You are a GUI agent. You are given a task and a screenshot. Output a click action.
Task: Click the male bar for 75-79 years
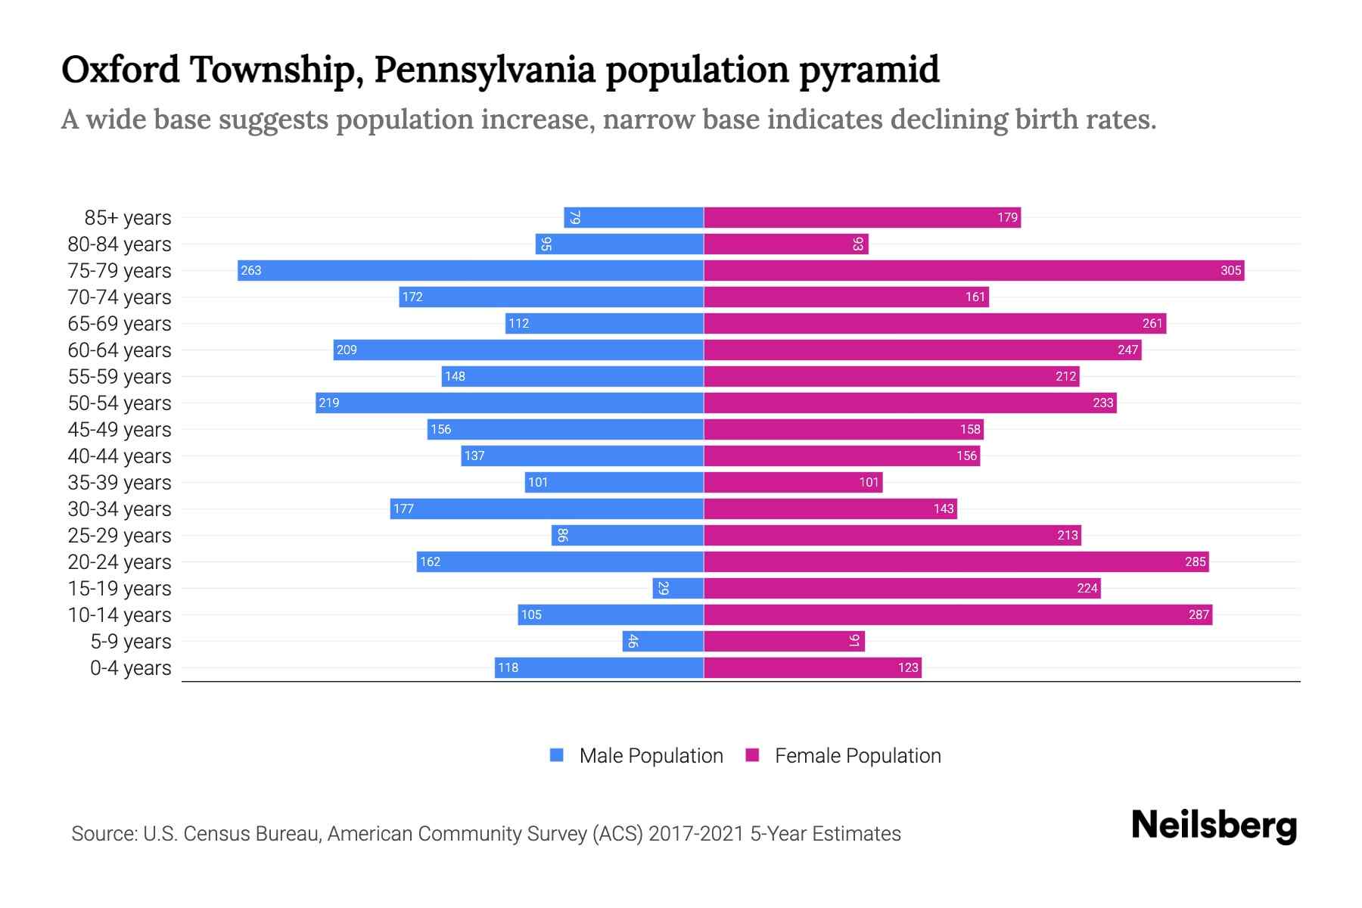470,270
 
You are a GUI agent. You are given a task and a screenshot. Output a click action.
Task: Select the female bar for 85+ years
862,217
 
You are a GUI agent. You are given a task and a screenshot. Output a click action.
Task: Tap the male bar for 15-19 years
678,588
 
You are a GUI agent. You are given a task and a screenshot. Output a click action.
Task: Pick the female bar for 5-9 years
784,641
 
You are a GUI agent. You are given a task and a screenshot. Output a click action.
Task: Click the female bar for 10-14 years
958,614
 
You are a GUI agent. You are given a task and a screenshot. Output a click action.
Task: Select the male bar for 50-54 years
509,403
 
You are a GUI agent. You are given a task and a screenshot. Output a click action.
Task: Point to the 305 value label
1230,270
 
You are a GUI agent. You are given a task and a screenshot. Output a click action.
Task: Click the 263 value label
251,270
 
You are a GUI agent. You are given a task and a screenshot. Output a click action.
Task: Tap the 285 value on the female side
1195,561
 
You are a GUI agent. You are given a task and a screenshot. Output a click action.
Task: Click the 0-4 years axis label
130,668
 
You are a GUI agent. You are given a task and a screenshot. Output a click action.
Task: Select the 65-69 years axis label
120,324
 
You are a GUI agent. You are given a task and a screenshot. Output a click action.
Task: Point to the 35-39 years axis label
120,483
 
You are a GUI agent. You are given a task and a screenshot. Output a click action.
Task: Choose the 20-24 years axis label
120,562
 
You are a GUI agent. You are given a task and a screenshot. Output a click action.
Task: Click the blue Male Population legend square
557,755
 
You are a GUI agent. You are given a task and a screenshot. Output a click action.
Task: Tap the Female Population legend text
857,755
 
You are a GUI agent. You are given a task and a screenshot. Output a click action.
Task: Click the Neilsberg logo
1214,826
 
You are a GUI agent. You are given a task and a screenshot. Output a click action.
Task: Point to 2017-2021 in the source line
695,834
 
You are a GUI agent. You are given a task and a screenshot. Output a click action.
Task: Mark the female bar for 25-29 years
892,535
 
